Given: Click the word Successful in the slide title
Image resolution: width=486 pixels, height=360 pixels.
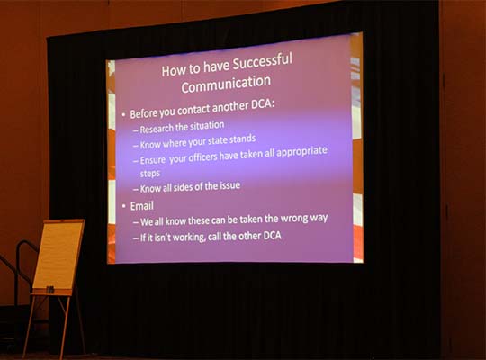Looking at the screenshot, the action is click(x=262, y=61).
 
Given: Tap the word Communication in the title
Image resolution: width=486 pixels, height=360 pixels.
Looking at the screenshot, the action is click(x=226, y=84).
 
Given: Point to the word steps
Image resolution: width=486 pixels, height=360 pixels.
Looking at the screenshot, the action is click(x=150, y=174).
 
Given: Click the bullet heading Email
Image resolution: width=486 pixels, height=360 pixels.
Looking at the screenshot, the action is click(x=141, y=206).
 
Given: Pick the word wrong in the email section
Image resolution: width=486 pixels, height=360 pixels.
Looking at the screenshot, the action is click(x=294, y=219).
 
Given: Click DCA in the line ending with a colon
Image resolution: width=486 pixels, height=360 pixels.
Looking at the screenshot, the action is click(x=263, y=104).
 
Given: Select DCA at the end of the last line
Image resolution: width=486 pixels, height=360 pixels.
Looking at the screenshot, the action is click(x=272, y=236).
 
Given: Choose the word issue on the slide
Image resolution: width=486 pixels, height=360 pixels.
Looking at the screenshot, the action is click(x=230, y=185).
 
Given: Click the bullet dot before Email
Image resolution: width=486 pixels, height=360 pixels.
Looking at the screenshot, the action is click(x=123, y=206).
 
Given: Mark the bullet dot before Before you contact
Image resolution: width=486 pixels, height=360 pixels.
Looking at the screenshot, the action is click(x=123, y=114).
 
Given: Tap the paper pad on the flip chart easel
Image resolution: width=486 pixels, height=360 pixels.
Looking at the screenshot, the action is click(x=58, y=255).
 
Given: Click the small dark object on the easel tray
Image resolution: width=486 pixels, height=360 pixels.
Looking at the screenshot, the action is click(x=49, y=290).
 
